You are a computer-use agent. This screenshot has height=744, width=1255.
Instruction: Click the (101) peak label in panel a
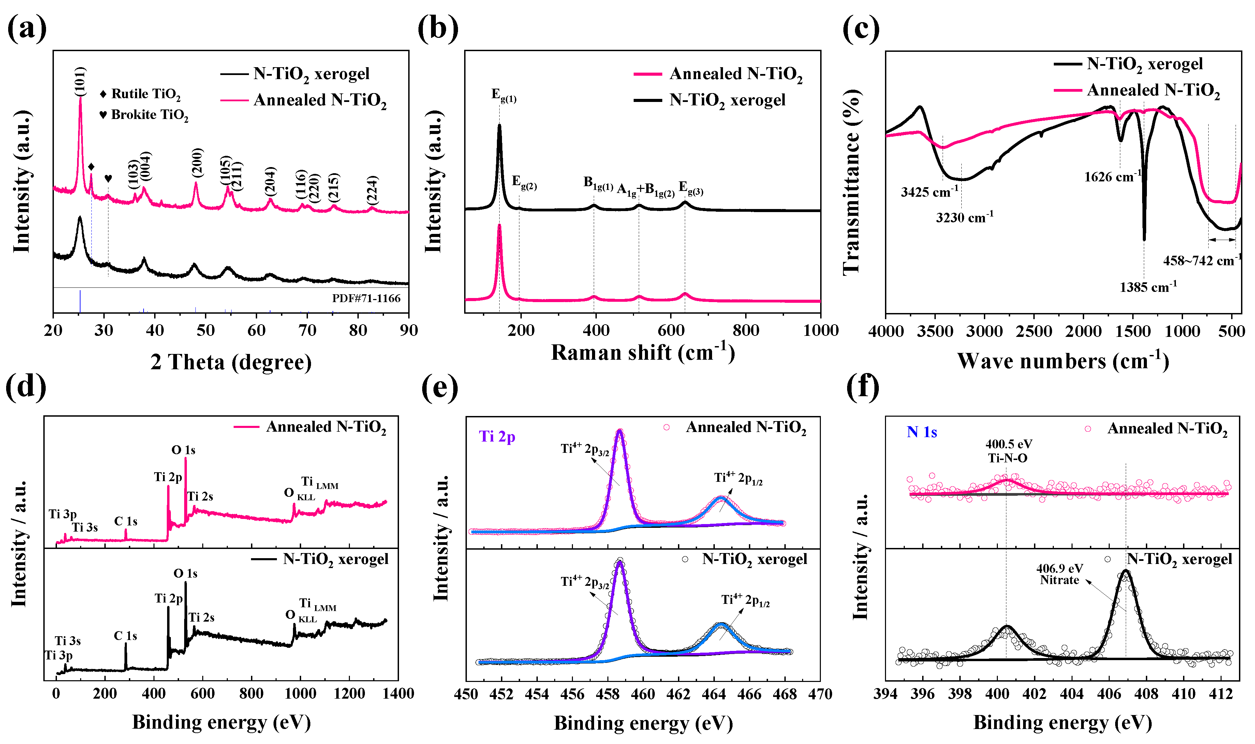(x=80, y=81)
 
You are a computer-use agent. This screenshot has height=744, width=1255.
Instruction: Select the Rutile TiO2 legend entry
(x=141, y=94)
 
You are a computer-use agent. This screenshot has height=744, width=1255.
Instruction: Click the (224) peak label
(x=371, y=190)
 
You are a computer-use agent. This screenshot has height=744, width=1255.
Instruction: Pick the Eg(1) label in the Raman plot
(x=503, y=95)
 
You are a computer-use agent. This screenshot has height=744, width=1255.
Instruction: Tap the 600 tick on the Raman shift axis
(x=670, y=330)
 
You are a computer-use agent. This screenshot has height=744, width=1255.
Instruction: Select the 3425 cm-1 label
(x=929, y=192)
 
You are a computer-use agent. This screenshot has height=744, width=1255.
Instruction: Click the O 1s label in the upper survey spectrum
(x=183, y=450)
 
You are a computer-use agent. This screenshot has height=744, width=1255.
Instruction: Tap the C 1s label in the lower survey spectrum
(x=125, y=636)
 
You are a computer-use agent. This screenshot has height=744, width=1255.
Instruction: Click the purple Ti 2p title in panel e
(x=497, y=437)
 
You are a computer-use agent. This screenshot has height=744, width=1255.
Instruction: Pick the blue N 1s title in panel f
(x=921, y=432)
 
